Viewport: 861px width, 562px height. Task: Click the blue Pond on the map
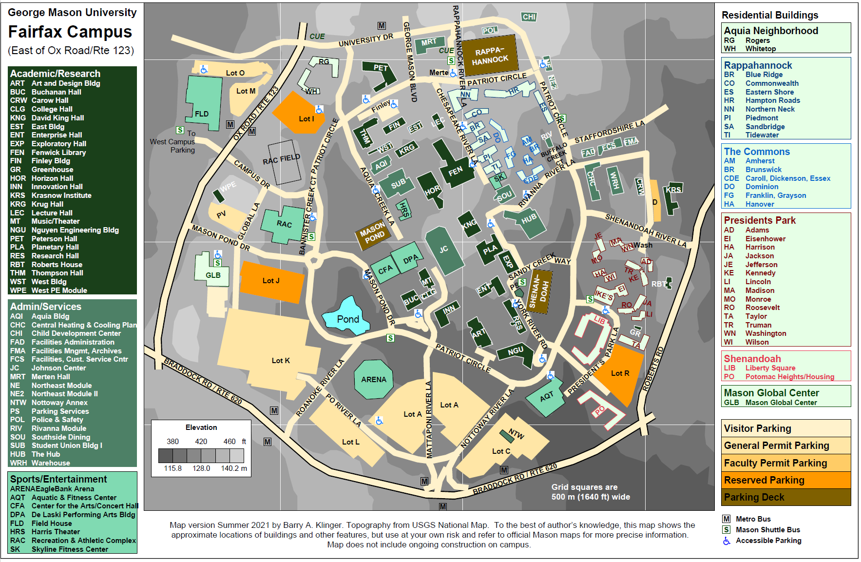click(x=346, y=318)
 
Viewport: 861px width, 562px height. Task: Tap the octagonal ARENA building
click(x=374, y=379)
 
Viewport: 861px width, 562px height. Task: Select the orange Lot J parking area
click(x=271, y=282)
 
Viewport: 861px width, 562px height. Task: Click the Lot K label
click(x=281, y=360)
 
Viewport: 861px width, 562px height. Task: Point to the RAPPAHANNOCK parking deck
click(x=489, y=56)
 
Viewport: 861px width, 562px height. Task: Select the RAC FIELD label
click(x=281, y=159)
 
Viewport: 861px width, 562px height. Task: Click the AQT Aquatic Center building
click(x=546, y=396)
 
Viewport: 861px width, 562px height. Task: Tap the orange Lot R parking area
click(x=620, y=373)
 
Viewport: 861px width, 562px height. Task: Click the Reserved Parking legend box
click(x=785, y=480)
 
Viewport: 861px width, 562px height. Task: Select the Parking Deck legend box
click(x=785, y=497)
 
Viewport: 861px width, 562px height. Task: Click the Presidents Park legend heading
click(x=759, y=220)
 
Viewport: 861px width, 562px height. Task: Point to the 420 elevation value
click(x=201, y=442)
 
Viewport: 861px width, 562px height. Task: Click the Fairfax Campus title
click(x=70, y=32)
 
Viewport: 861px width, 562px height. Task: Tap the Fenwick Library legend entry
click(x=58, y=152)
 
